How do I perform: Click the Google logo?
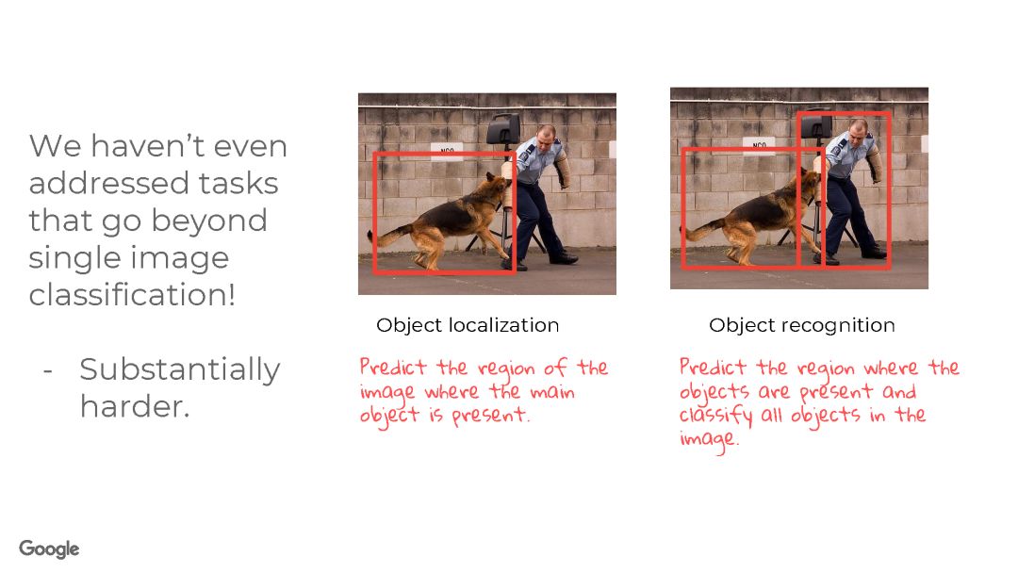49,548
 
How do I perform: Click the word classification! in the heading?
132,295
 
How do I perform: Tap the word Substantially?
180,370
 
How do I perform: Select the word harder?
135,407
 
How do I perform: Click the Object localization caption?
468,325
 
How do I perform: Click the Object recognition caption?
802,325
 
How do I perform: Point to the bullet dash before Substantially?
47,372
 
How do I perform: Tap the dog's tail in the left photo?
389,235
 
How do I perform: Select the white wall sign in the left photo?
448,151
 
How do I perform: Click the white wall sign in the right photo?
759,145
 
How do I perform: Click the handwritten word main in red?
551,392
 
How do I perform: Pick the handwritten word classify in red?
715,416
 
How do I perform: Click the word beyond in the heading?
209,221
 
